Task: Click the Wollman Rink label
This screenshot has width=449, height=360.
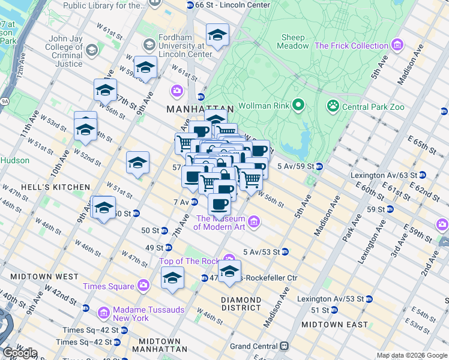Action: coord(264,106)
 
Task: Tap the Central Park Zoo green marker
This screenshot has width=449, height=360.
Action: coord(333,106)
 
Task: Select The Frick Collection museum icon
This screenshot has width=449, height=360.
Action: coord(396,46)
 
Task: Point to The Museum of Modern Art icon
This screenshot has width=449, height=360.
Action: coord(253,223)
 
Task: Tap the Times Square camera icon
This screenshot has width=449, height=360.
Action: coord(143,286)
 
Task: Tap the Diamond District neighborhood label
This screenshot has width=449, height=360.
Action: coord(240,304)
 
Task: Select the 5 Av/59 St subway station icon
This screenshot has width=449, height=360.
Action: coord(319,166)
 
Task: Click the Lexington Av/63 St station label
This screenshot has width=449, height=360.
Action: coord(384,175)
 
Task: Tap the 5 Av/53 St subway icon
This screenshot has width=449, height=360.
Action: coord(285,251)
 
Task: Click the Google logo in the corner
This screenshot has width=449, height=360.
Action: coord(19,353)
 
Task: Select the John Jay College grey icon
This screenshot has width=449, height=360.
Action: coord(91,49)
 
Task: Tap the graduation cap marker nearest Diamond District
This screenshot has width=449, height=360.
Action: coord(229,272)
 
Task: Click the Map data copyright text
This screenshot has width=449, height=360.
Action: coord(412,355)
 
